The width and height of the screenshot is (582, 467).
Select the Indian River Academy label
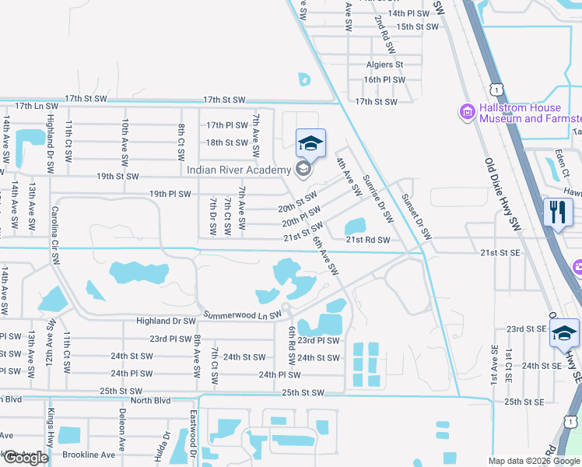pyautogui.click(x=238, y=170)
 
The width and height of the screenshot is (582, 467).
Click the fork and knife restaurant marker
pyautogui.click(x=558, y=212)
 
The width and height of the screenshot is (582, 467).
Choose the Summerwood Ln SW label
pyautogui.click(x=240, y=315)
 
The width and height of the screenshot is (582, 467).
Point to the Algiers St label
pyautogui.click(x=384, y=65)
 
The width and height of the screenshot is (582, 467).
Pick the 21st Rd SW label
pyautogui.click(x=367, y=240)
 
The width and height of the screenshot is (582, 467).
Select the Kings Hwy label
pyautogui.click(x=51, y=428)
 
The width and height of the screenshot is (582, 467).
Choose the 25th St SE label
pyautogui.click(x=523, y=402)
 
